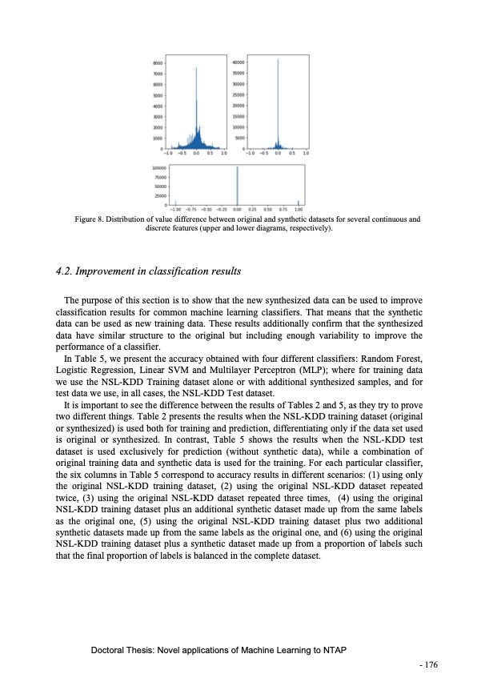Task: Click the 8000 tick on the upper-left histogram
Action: (158, 62)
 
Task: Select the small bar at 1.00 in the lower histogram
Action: (299, 203)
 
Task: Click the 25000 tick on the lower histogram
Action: (159, 195)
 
